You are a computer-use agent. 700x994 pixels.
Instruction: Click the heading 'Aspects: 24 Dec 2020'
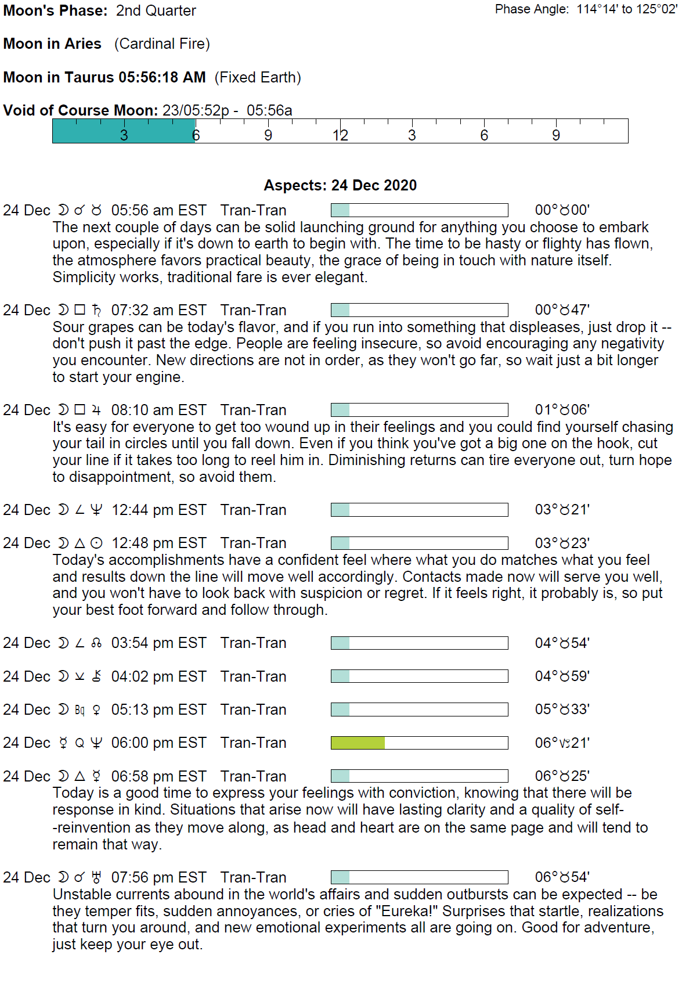coord(340,185)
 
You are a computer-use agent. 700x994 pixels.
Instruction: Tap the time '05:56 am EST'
coord(158,210)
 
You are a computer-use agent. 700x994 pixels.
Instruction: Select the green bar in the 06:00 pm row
coord(358,743)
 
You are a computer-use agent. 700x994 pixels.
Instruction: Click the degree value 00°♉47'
coord(562,310)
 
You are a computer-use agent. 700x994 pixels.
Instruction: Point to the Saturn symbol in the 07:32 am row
coord(96,310)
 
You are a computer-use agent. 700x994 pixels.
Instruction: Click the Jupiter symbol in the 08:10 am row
coord(96,410)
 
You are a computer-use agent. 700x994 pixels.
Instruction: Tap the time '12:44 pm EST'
coord(158,510)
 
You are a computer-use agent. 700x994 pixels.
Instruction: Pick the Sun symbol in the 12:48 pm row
coord(97,543)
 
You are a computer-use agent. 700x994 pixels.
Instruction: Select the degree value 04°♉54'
coord(562,643)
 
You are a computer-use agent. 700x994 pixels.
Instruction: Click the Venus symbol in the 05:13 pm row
coord(96,710)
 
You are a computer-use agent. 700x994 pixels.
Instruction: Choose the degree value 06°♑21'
coord(562,743)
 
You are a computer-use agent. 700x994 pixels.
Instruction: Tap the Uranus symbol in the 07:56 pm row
coord(96,877)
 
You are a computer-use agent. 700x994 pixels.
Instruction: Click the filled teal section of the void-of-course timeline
coord(124,131)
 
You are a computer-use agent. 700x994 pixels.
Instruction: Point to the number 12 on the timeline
coord(340,135)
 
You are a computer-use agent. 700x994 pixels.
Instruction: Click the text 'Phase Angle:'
coord(532,9)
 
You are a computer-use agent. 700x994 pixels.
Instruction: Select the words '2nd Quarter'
coord(156,10)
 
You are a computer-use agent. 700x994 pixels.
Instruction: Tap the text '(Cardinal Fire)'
coord(162,44)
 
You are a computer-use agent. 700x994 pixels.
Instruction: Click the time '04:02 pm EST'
coord(158,676)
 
